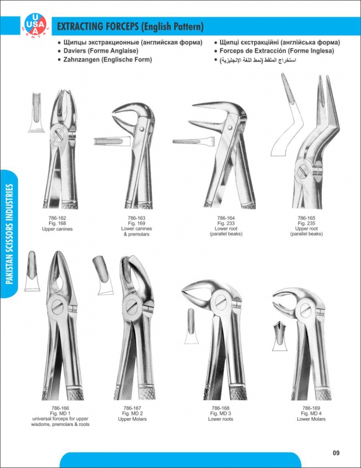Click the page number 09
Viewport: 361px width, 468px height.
pyautogui.click(x=336, y=452)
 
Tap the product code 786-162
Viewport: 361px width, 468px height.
pyautogui.click(x=57, y=218)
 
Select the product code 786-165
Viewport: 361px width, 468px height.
pyautogui.click(x=306, y=218)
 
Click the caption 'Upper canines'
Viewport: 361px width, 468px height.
pyautogui.click(x=57, y=229)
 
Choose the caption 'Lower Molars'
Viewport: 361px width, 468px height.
pyautogui.click(x=310, y=419)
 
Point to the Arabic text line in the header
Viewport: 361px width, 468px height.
pyautogui.click(x=255, y=60)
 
